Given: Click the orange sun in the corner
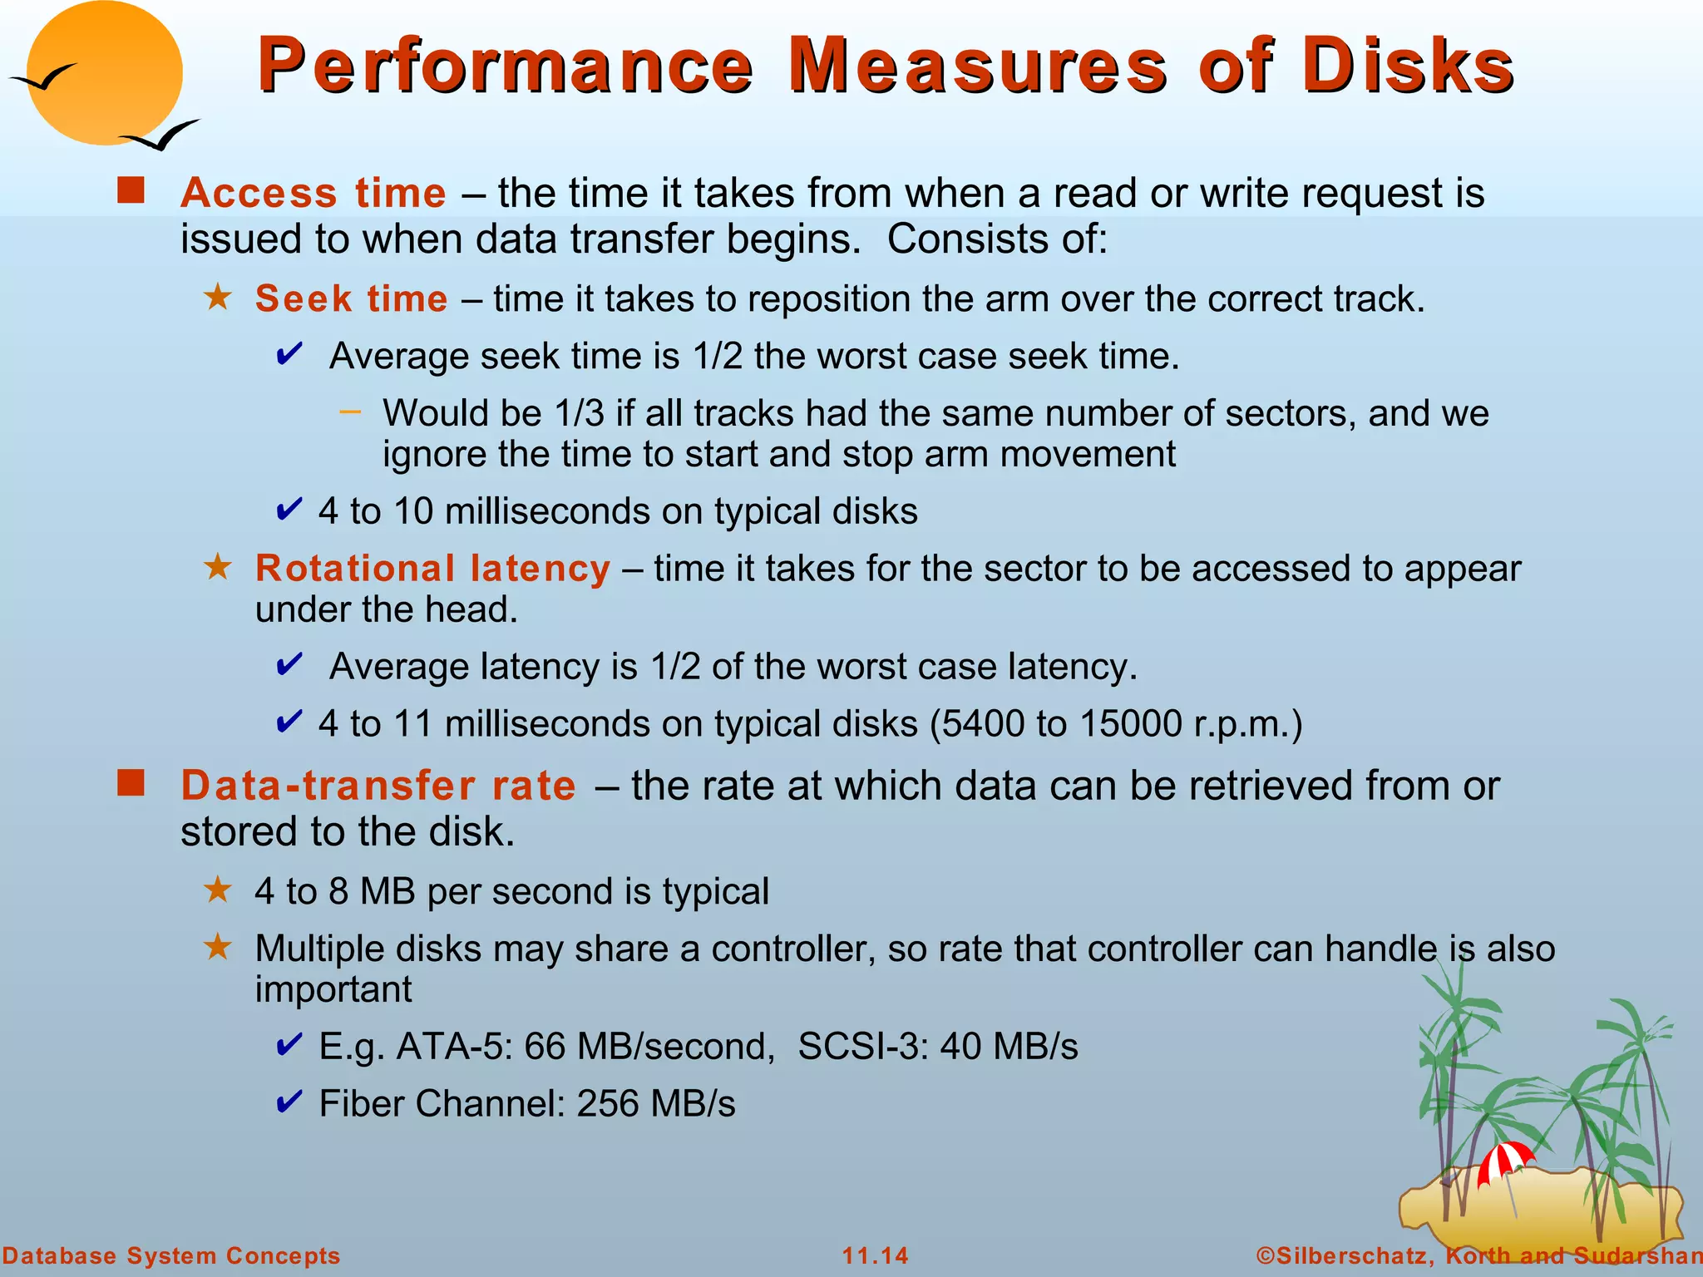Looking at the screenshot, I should (104, 73).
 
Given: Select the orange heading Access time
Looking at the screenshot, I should (313, 193).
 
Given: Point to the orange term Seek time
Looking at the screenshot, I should (351, 298).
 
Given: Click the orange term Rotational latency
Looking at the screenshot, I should (432, 569).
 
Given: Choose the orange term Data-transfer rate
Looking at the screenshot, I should (378, 786).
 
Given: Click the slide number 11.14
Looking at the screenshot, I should (875, 1255).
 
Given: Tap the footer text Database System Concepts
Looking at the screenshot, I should (171, 1255).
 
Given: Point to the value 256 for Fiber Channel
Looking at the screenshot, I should (608, 1104).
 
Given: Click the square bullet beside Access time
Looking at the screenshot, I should (131, 190).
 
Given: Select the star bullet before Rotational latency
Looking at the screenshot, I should (218, 567).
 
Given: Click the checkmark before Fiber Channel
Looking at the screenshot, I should (289, 1102).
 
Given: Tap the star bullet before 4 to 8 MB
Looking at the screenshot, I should (218, 890).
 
